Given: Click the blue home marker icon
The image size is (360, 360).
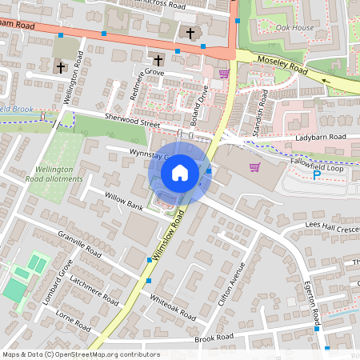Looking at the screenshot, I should tap(180, 173).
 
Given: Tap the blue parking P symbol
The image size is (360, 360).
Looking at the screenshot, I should tap(317, 174).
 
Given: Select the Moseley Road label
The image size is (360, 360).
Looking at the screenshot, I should tap(282, 66).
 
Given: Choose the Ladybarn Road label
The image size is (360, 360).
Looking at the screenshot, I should tap(320, 138).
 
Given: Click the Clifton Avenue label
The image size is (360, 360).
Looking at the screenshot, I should tap(230, 289).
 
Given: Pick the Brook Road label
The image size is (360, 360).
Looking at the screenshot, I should tap(214, 337).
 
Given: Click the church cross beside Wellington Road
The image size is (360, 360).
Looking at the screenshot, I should tap(61, 68).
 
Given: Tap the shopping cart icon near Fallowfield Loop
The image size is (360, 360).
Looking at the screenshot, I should tap(255, 167).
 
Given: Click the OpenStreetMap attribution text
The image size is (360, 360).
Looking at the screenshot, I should tap(81, 354).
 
